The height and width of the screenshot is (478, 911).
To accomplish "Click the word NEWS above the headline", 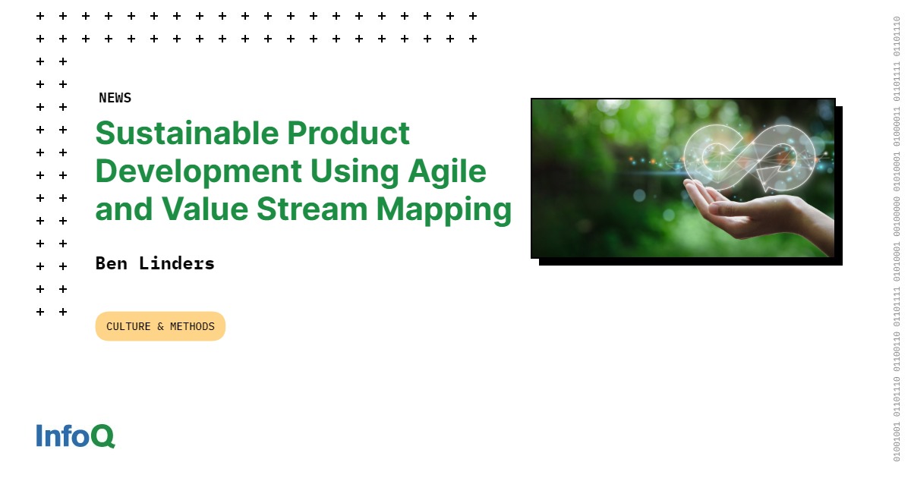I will [x=115, y=98].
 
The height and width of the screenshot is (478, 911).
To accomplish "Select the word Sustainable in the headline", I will [x=185, y=134].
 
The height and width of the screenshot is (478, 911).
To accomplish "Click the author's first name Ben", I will [x=111, y=263].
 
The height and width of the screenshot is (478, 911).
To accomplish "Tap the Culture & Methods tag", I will [x=160, y=326].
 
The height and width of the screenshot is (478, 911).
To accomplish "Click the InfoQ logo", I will [x=75, y=436].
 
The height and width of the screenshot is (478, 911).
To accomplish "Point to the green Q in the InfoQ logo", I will [x=102, y=436].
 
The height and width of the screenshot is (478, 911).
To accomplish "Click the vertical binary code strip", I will [x=897, y=239].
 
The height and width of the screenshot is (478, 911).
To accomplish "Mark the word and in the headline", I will [x=121, y=209].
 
